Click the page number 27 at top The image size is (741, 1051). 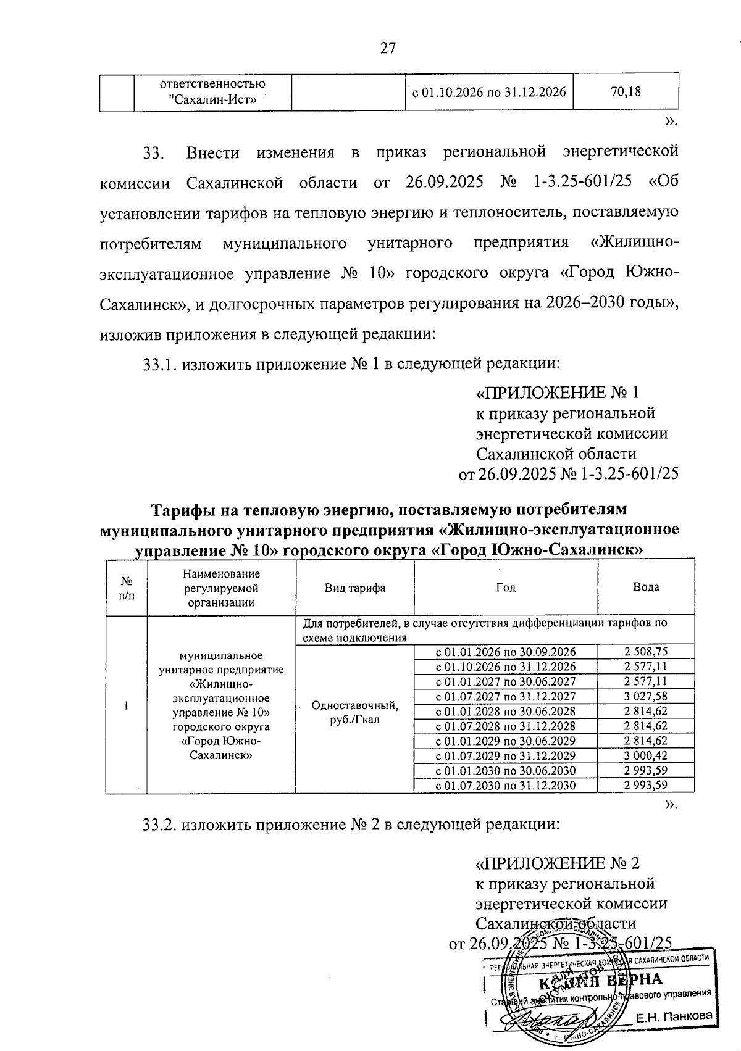tap(387, 49)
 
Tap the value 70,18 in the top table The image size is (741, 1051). tap(626, 92)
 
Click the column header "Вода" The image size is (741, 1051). tap(646, 587)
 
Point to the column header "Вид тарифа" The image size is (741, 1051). tap(355, 588)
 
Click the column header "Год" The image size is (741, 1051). tap(505, 588)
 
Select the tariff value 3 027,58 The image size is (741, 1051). tap(646, 696)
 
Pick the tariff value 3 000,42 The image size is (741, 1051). tap(646, 755)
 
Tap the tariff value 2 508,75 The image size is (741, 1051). tap(646, 652)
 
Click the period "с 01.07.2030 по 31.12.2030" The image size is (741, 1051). tap(506, 786)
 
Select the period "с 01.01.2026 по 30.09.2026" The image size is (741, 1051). tap(506, 652)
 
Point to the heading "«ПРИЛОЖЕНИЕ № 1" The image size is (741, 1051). tap(556, 393)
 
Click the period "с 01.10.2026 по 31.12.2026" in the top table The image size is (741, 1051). tap(488, 92)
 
